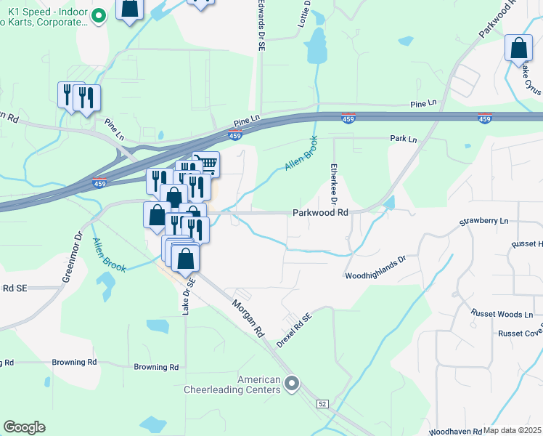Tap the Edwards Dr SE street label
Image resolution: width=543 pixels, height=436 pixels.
pos(260,25)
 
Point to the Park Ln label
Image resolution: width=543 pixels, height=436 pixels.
pos(404,138)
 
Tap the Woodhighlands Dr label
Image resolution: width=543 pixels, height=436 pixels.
pos(375,276)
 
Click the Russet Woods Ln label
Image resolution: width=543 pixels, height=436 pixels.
pos(502,315)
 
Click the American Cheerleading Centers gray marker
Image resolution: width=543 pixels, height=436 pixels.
pos(292,382)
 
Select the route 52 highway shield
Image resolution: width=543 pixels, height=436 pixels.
pos(322,403)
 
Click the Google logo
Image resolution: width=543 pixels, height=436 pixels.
pos(24,427)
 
